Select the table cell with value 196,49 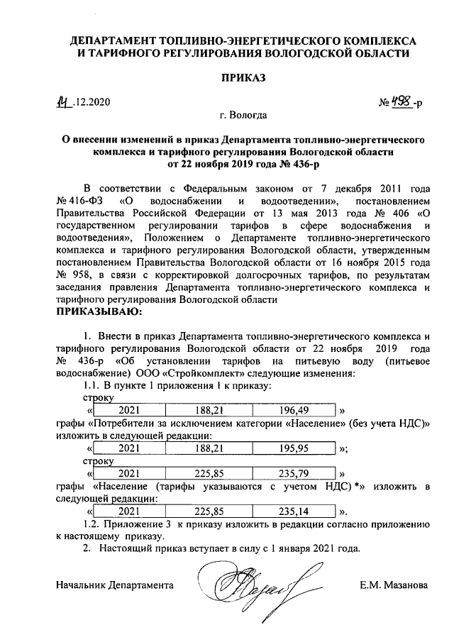pos(293,411)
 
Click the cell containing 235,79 pos(293,473)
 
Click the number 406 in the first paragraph pos(402,213)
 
